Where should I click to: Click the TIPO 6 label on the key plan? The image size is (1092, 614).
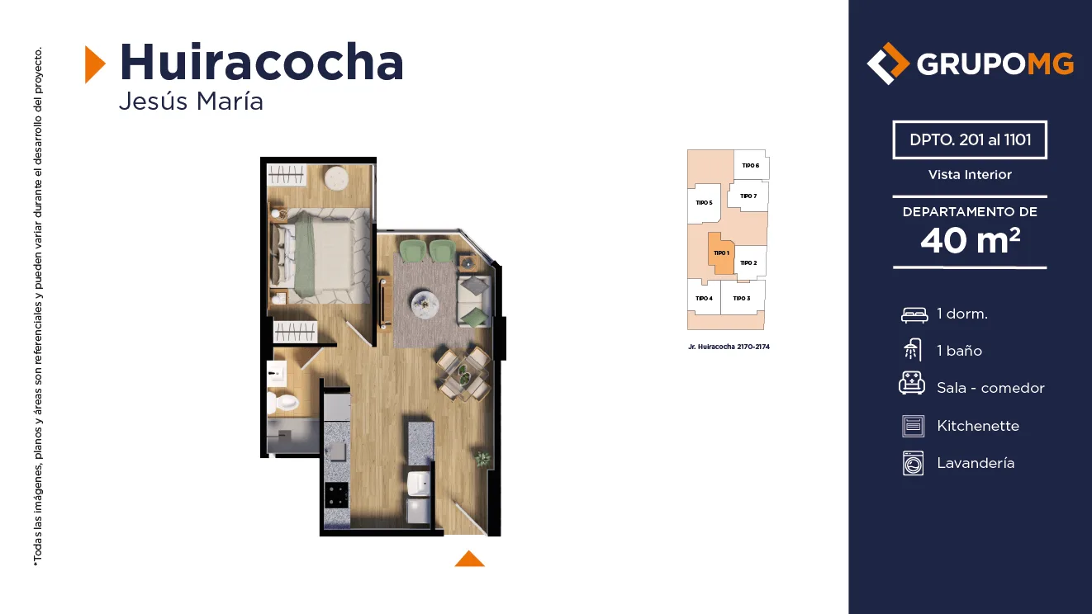[750, 166]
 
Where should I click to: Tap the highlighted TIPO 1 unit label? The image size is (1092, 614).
[721, 253]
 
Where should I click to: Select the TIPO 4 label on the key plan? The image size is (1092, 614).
[704, 299]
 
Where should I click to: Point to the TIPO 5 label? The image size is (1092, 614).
[704, 202]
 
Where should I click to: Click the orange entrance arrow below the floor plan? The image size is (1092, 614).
[469, 559]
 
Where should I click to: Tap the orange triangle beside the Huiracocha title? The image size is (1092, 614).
[94, 64]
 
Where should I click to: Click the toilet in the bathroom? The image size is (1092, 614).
[282, 403]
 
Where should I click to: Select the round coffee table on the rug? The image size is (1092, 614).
[425, 305]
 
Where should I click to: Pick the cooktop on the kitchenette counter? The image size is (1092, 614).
[336, 495]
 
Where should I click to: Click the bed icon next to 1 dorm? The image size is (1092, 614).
[914, 315]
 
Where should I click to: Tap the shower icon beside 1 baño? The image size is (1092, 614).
[913, 350]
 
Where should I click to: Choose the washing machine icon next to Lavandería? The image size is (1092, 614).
[913, 463]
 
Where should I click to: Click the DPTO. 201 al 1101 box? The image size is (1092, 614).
[970, 139]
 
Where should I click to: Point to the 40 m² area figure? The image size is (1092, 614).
[970, 240]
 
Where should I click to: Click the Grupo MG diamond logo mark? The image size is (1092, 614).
[888, 64]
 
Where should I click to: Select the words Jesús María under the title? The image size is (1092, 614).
[191, 102]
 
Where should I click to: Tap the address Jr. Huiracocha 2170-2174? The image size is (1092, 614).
[729, 347]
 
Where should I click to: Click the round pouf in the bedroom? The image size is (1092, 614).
[336, 178]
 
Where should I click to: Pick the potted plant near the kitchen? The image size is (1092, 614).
[482, 458]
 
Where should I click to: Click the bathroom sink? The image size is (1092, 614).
[277, 374]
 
